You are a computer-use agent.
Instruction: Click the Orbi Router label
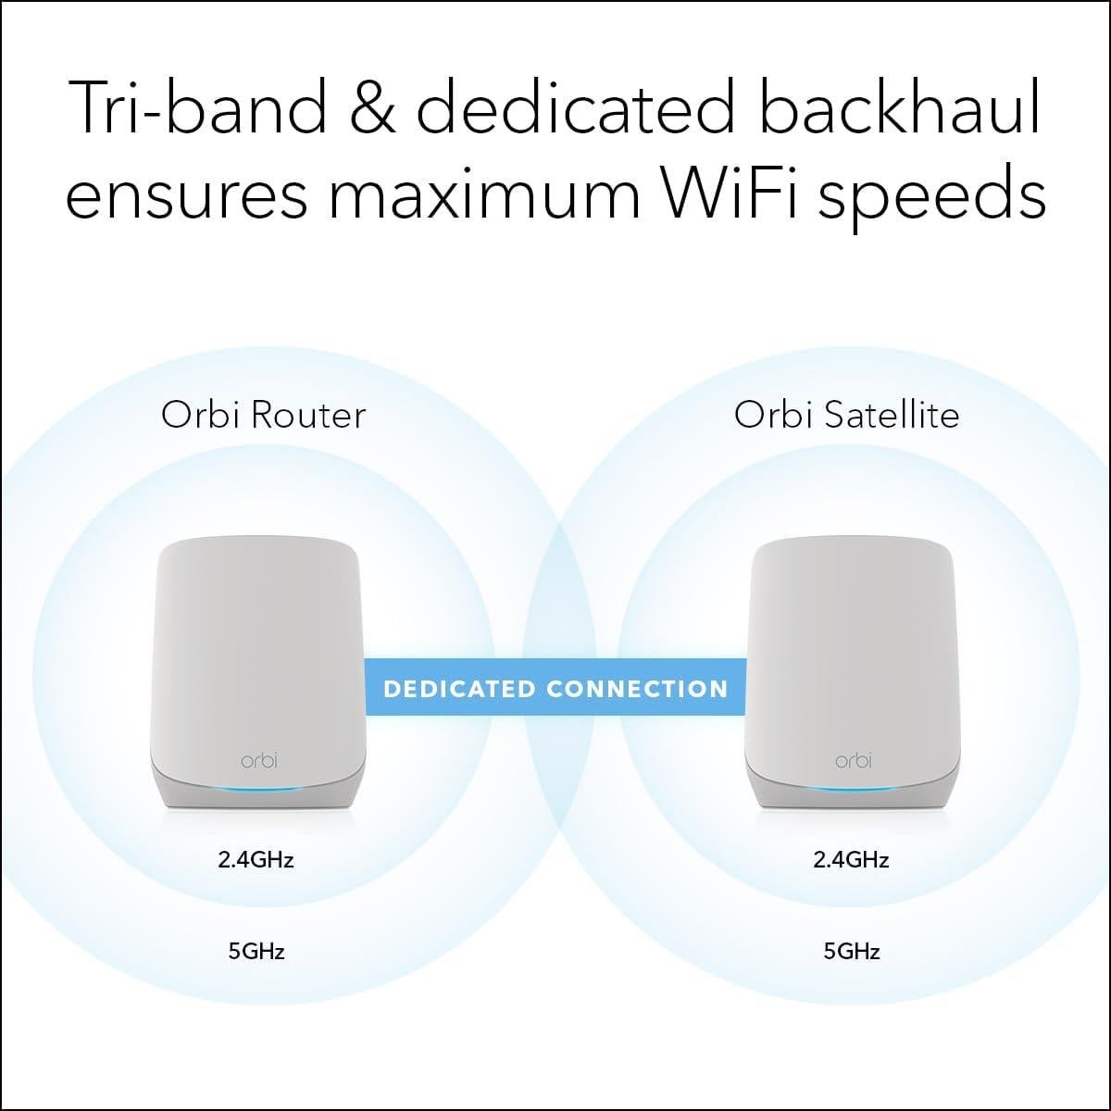[x=263, y=414]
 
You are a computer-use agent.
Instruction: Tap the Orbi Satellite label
[x=846, y=414]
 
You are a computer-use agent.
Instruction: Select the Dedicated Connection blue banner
[x=555, y=689]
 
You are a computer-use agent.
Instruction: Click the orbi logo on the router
[x=258, y=760]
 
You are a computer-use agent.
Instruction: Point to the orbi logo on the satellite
[x=853, y=760]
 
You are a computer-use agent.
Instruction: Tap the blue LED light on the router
[x=258, y=787]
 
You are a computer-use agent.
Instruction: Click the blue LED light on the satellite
[x=853, y=788]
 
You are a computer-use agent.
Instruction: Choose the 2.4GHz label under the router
[x=256, y=859]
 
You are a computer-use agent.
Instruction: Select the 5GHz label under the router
[x=256, y=950]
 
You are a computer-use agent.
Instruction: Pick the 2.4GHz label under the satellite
[x=851, y=859]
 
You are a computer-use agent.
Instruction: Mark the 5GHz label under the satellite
[x=851, y=950]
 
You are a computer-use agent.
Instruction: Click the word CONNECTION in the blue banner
[x=637, y=689]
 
